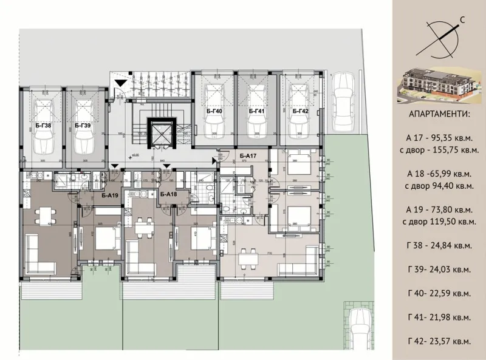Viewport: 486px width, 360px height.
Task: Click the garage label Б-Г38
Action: coord(43,126)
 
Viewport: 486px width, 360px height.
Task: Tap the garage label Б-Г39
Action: coord(83,126)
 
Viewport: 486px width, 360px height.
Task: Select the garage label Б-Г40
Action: coord(214,112)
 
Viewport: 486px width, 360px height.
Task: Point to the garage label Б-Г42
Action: coord(301,112)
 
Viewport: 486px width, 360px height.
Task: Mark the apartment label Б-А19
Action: coord(109,195)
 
